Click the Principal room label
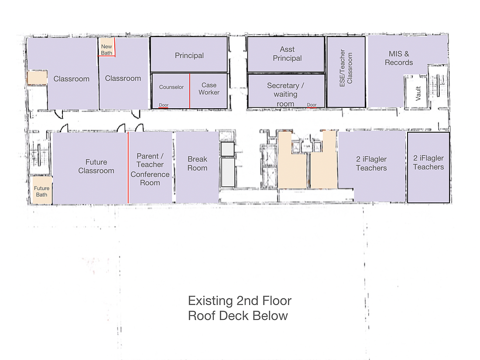pos(189,55)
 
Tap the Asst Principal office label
pos(287,54)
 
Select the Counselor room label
pos(171,87)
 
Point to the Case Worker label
pos(209,89)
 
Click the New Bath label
pos(106,50)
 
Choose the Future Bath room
pos(42,190)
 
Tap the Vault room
pos(416,92)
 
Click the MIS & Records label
pos(399,58)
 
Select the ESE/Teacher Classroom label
pos(346,68)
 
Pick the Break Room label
pos(197,164)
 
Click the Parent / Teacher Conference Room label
pos(150,169)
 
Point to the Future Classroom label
pos(96,166)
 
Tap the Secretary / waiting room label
pos(285,94)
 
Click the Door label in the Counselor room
pos(164,105)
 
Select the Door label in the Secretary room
pos(312,105)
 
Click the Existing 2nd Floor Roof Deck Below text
pos(240,308)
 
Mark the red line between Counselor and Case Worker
pos(189,91)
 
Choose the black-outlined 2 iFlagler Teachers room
pos(428,168)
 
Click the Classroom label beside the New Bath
pos(123,79)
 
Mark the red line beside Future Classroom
pos(128,168)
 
